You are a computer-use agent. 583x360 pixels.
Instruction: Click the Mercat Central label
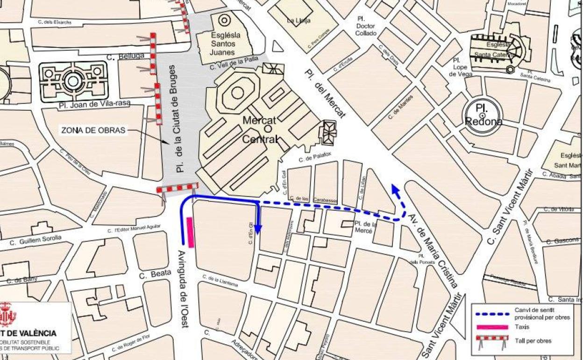[260, 129]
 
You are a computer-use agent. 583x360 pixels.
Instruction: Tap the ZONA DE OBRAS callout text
[93, 130]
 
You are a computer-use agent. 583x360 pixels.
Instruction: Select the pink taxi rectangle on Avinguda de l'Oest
[190, 232]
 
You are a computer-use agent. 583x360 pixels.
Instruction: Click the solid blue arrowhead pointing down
[258, 229]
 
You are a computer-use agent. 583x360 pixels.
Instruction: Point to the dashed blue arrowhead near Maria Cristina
[395, 189]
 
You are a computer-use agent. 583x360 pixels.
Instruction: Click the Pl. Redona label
[483, 115]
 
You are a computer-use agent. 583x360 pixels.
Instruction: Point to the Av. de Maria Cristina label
[433, 251]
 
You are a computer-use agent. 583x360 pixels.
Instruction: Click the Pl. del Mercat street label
[326, 94]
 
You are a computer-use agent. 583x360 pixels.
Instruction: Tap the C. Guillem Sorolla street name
[36, 240]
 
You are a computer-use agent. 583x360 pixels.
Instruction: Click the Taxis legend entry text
[522, 327]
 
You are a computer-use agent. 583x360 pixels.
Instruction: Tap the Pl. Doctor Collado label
[366, 26]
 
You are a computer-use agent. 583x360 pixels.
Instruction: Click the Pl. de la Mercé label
[365, 227]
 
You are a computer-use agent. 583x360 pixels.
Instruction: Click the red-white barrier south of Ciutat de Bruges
[177, 188]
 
